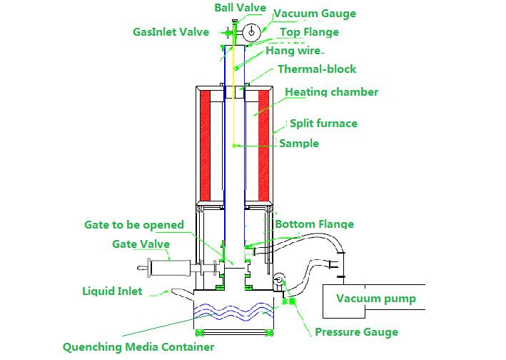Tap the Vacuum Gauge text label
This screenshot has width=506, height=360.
[x=314, y=14]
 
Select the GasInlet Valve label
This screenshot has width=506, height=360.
[x=171, y=32]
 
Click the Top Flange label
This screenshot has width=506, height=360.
[x=309, y=32]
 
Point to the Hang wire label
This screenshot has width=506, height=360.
[x=293, y=51]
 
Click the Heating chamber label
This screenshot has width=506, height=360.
[x=331, y=92]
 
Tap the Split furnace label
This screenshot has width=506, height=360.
[x=323, y=124]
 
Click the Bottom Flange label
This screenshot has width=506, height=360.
[x=314, y=224]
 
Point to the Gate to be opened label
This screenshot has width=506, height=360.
[x=133, y=224]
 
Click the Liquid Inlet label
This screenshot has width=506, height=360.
[x=111, y=291]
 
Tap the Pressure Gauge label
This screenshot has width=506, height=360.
[x=356, y=332]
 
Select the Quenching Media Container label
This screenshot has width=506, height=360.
[x=138, y=348]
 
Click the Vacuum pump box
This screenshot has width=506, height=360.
[x=375, y=299]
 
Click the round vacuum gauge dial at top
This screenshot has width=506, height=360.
[x=251, y=33]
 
